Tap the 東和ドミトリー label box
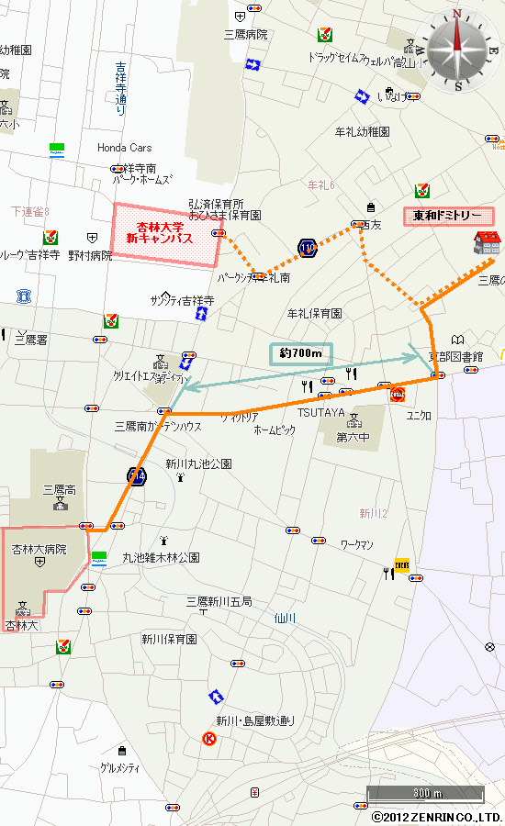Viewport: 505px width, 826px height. click(x=448, y=217)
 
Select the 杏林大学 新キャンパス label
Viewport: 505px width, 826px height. click(x=166, y=233)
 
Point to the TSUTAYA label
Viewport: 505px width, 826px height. click(x=320, y=413)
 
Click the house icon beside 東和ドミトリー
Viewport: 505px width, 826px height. click(x=487, y=244)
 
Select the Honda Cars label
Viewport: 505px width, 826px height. click(x=125, y=148)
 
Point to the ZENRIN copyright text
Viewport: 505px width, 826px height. click(x=437, y=817)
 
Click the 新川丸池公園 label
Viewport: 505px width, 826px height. click(x=199, y=464)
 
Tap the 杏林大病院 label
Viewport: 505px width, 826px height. click(x=39, y=549)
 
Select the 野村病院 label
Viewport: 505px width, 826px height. click(x=90, y=256)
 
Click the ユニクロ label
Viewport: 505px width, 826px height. click(x=419, y=415)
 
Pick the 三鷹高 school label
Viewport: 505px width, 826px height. click(x=61, y=490)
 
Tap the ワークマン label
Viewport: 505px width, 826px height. click(x=357, y=545)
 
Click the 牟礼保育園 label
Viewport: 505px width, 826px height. click(x=315, y=313)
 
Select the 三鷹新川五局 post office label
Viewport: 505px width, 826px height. click(x=219, y=601)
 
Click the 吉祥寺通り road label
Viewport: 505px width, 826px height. click(x=121, y=88)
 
